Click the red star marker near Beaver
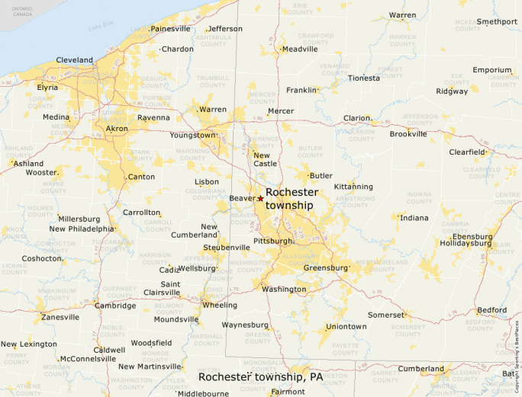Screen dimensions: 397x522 point(260,198)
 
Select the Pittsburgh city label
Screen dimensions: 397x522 point(273,241)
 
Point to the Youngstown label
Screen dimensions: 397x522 point(192,135)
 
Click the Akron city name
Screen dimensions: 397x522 point(117,129)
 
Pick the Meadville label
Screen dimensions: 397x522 point(299,50)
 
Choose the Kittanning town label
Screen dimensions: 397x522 point(353,187)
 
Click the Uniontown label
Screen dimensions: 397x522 point(346,327)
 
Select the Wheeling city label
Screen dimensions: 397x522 point(219,305)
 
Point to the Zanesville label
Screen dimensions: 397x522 point(60,317)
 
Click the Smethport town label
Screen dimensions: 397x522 point(497,21)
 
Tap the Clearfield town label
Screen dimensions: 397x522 point(466,152)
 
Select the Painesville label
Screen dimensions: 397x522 point(170,29)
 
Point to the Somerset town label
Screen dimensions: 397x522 point(385,315)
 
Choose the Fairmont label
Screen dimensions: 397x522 point(288,392)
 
